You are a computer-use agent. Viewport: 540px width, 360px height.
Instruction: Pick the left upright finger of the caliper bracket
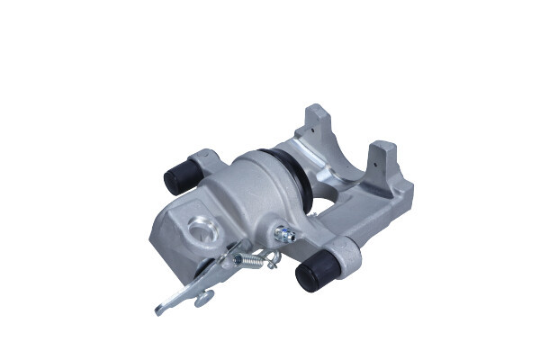click(x=315, y=121)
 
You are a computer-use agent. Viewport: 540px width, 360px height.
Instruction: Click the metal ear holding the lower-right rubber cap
click(x=346, y=252)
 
